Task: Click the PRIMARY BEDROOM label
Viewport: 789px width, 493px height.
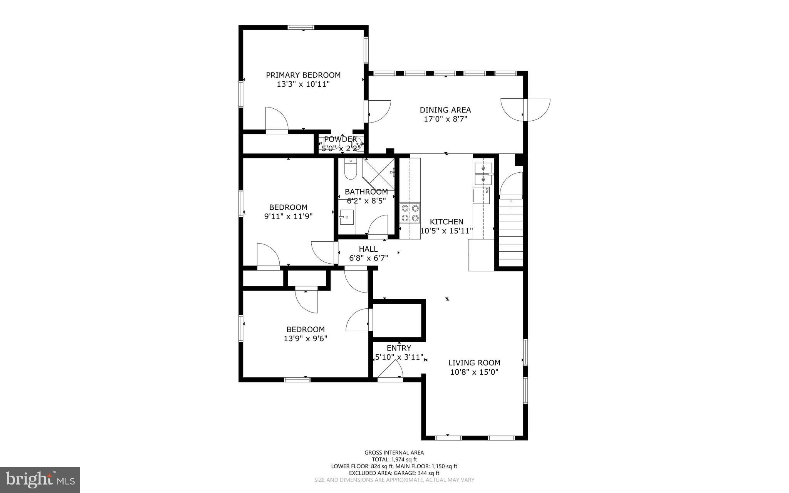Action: point(303,75)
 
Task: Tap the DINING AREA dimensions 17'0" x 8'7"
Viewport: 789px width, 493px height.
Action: point(445,119)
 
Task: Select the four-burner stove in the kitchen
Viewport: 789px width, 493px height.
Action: point(410,213)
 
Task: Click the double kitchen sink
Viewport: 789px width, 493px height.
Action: point(483,174)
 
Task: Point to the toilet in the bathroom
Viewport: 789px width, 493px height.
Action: point(350,170)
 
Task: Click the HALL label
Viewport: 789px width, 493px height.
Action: point(368,249)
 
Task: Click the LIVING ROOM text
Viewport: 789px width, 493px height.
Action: point(474,363)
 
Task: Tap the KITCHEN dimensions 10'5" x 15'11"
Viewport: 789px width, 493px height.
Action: point(447,231)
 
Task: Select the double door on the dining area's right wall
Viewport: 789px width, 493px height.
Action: point(525,110)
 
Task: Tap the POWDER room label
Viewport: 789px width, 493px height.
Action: point(340,139)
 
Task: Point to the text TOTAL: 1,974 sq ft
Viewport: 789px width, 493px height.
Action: point(394,459)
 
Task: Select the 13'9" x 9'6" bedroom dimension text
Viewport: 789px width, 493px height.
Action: point(306,339)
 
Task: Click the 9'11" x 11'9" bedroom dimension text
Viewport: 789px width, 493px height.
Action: point(288,217)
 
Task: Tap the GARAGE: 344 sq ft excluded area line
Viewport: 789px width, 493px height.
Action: point(394,473)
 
